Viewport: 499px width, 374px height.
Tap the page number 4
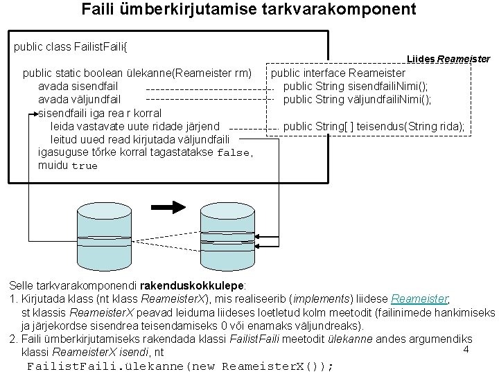[466, 350]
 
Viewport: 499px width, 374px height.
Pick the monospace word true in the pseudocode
[85, 166]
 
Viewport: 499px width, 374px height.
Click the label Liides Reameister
[449, 59]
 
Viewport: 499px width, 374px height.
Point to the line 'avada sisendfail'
[79, 86]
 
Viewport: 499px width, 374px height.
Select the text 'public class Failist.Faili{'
[71, 47]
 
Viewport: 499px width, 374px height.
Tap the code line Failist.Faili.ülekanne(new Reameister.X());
[180, 366]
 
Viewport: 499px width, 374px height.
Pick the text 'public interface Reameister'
[338, 72]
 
